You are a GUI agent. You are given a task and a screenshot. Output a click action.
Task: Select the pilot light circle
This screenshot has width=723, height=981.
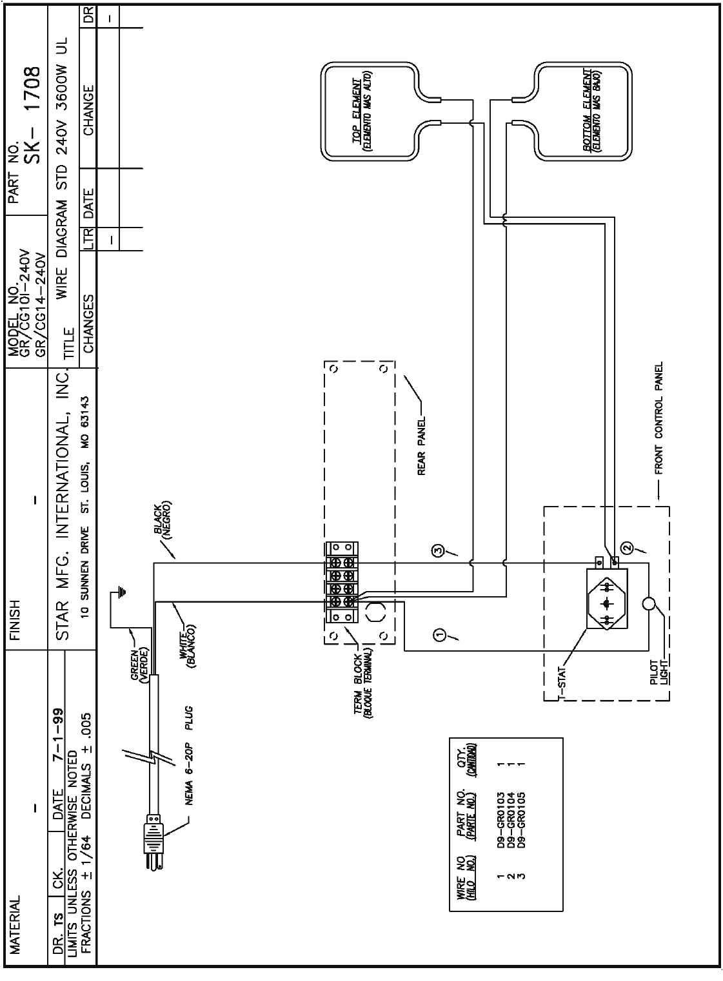pos(649,605)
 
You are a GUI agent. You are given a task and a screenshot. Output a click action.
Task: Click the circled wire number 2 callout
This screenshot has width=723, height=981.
pos(625,548)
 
